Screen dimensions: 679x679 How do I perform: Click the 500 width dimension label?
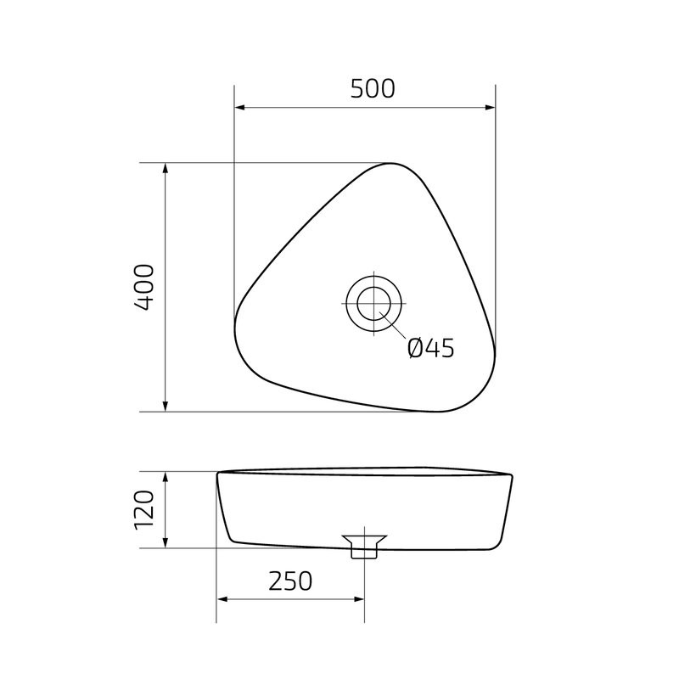(x=373, y=88)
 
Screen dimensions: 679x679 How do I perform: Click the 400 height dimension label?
(x=144, y=287)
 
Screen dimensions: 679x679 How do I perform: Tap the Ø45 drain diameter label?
(x=430, y=348)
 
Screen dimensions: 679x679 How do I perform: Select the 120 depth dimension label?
(x=144, y=509)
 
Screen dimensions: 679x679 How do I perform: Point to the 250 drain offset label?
(x=290, y=581)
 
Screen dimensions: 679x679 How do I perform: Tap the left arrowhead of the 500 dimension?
(x=240, y=108)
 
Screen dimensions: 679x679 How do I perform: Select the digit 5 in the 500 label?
(x=356, y=88)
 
